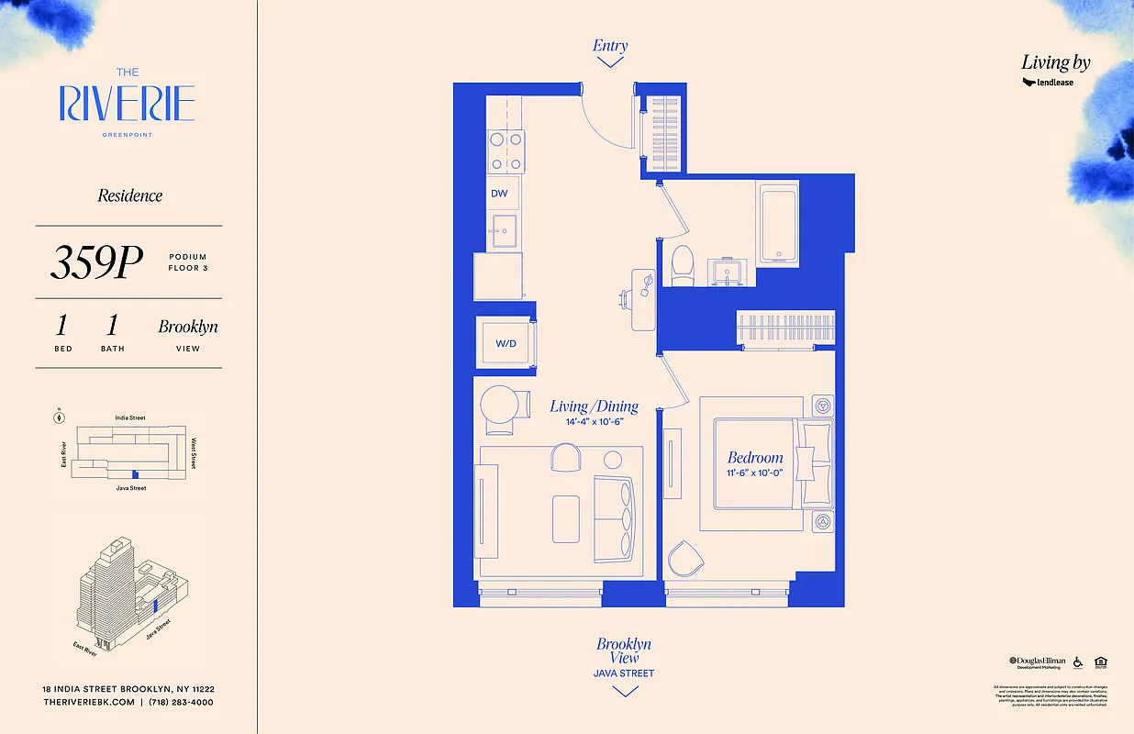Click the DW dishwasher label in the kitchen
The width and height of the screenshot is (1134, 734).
coord(499,194)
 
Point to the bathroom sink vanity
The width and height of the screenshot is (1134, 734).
coord(730,272)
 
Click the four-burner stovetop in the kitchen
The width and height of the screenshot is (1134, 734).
coord(506,150)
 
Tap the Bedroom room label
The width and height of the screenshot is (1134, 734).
coord(755,457)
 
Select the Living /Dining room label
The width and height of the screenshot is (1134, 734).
coord(594,406)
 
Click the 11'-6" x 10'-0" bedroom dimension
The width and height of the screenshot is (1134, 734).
coord(755,473)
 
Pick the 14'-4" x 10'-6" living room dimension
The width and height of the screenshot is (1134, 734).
coord(594,423)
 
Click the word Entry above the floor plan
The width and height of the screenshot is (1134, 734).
coord(610,46)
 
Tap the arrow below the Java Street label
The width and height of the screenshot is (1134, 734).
coord(624,691)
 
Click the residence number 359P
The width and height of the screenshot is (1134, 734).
coord(96,263)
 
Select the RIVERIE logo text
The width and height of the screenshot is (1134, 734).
coord(128,104)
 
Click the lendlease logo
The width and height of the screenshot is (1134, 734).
coord(1048,83)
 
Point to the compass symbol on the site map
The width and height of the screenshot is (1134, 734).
coord(60,417)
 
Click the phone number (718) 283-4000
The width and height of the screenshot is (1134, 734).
coord(182,702)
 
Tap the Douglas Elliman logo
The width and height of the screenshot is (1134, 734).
coord(1037,662)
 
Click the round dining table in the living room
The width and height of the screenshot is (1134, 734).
coord(500,403)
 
